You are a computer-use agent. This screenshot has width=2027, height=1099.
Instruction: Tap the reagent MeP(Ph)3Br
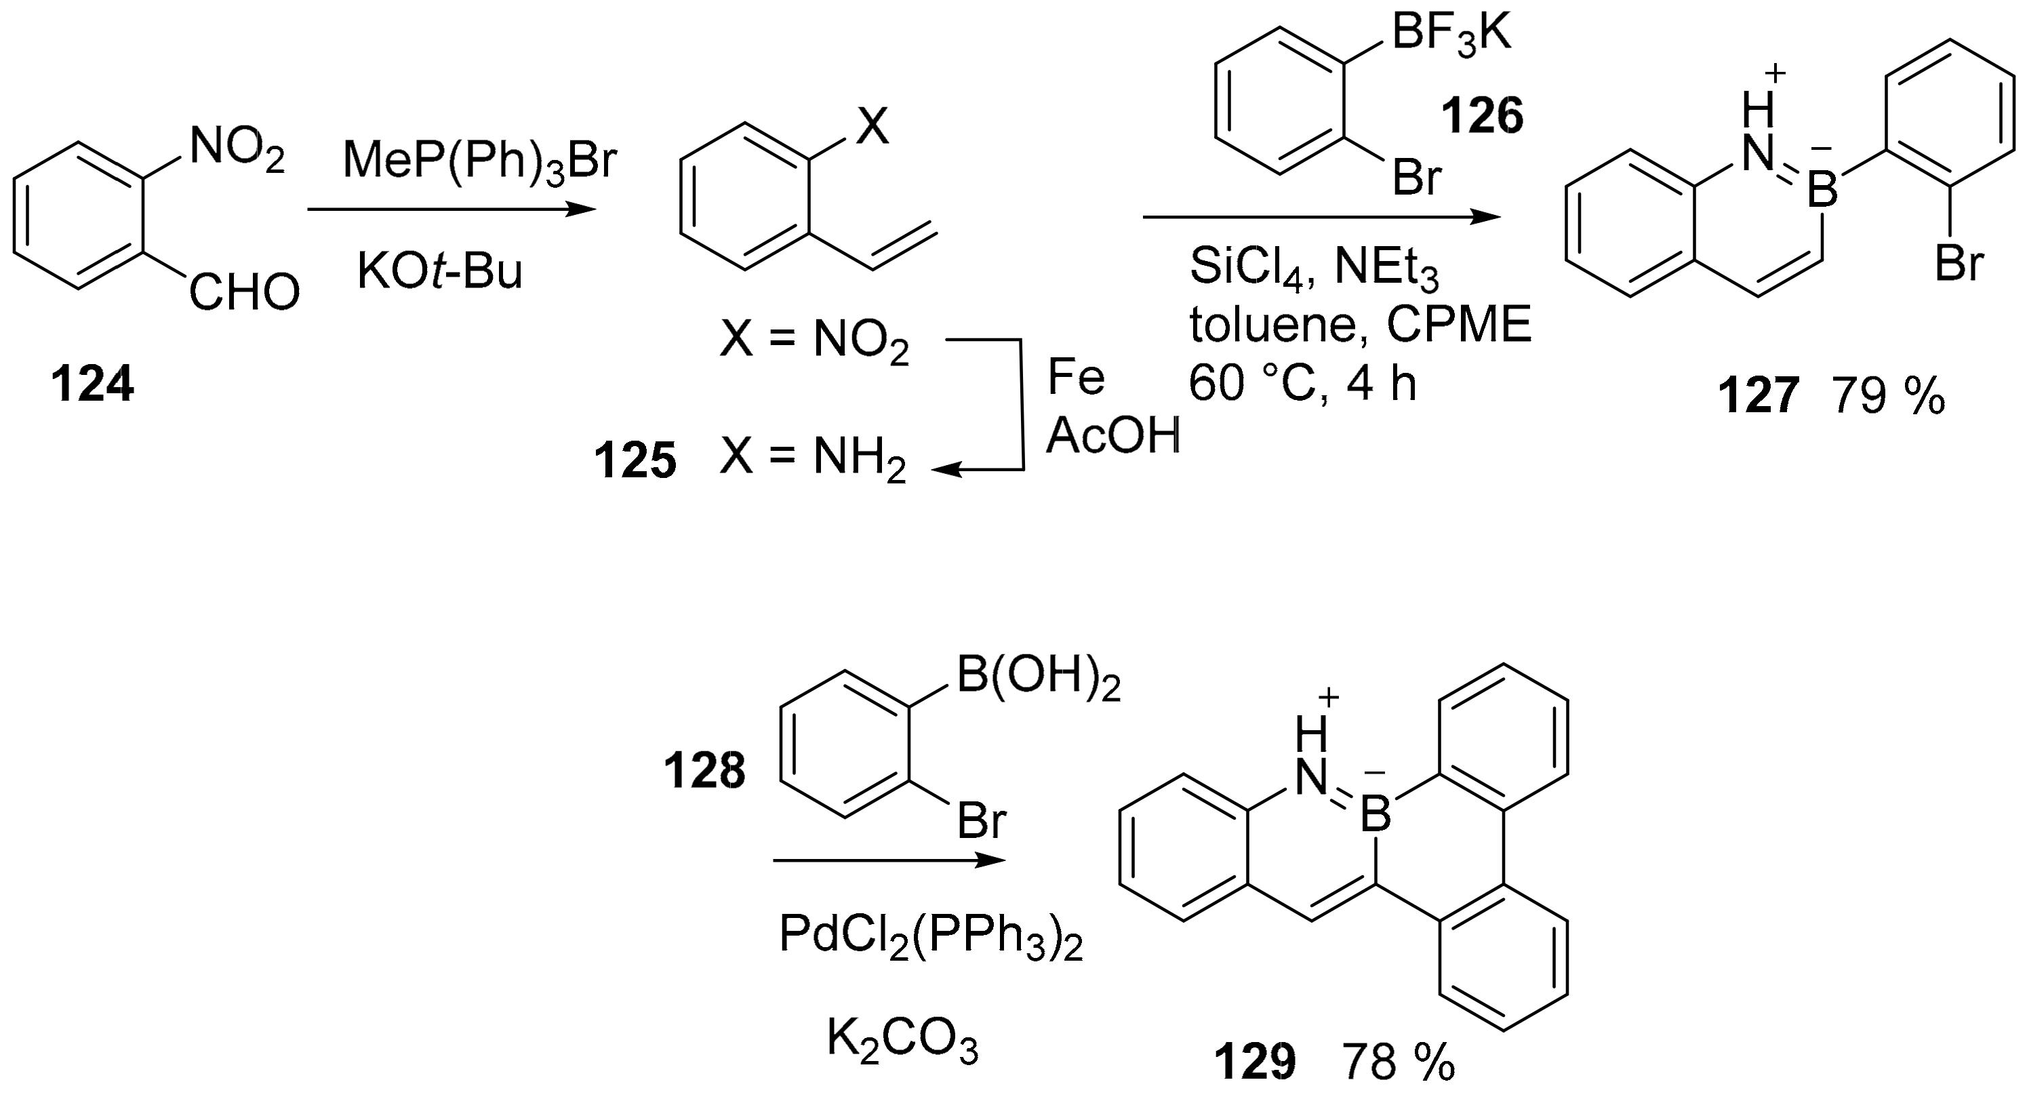pyautogui.click(x=480, y=161)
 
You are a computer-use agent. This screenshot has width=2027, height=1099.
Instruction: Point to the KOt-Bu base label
pyautogui.click(x=440, y=271)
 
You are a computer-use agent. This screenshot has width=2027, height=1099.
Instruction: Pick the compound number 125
pyautogui.click(x=635, y=460)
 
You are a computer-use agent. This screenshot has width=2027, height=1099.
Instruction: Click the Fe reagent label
pyautogui.click(x=1076, y=378)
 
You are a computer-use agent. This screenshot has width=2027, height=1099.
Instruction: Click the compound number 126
pyautogui.click(x=1482, y=117)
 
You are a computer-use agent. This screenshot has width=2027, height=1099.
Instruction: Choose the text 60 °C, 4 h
pyautogui.click(x=1302, y=384)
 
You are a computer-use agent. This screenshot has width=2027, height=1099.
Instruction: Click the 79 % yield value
pyautogui.click(x=1889, y=396)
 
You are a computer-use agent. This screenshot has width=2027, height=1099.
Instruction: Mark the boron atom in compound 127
pyautogui.click(x=1822, y=190)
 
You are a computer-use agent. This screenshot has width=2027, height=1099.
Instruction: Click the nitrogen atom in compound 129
pyautogui.click(x=1312, y=778)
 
